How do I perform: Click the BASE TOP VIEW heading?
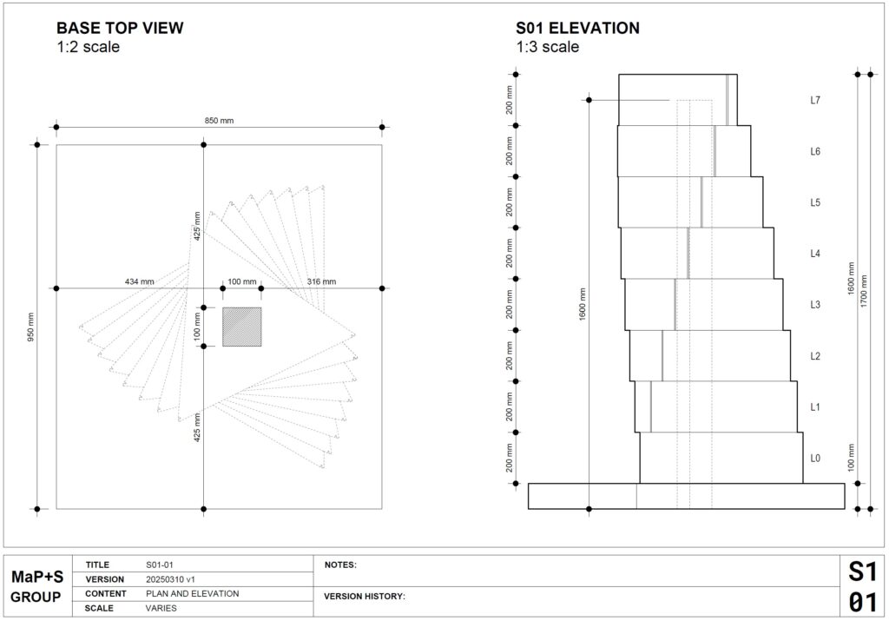pos(120,28)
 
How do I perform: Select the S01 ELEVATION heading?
pos(577,28)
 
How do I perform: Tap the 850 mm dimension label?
pos(219,120)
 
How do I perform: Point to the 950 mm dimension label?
pos(30,327)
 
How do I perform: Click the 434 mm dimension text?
pos(140,281)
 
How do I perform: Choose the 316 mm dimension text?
pos(321,281)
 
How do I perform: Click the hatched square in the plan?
pos(241,327)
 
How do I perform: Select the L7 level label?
pos(814,101)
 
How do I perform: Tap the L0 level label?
pos(814,459)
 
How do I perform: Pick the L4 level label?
pos(814,254)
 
